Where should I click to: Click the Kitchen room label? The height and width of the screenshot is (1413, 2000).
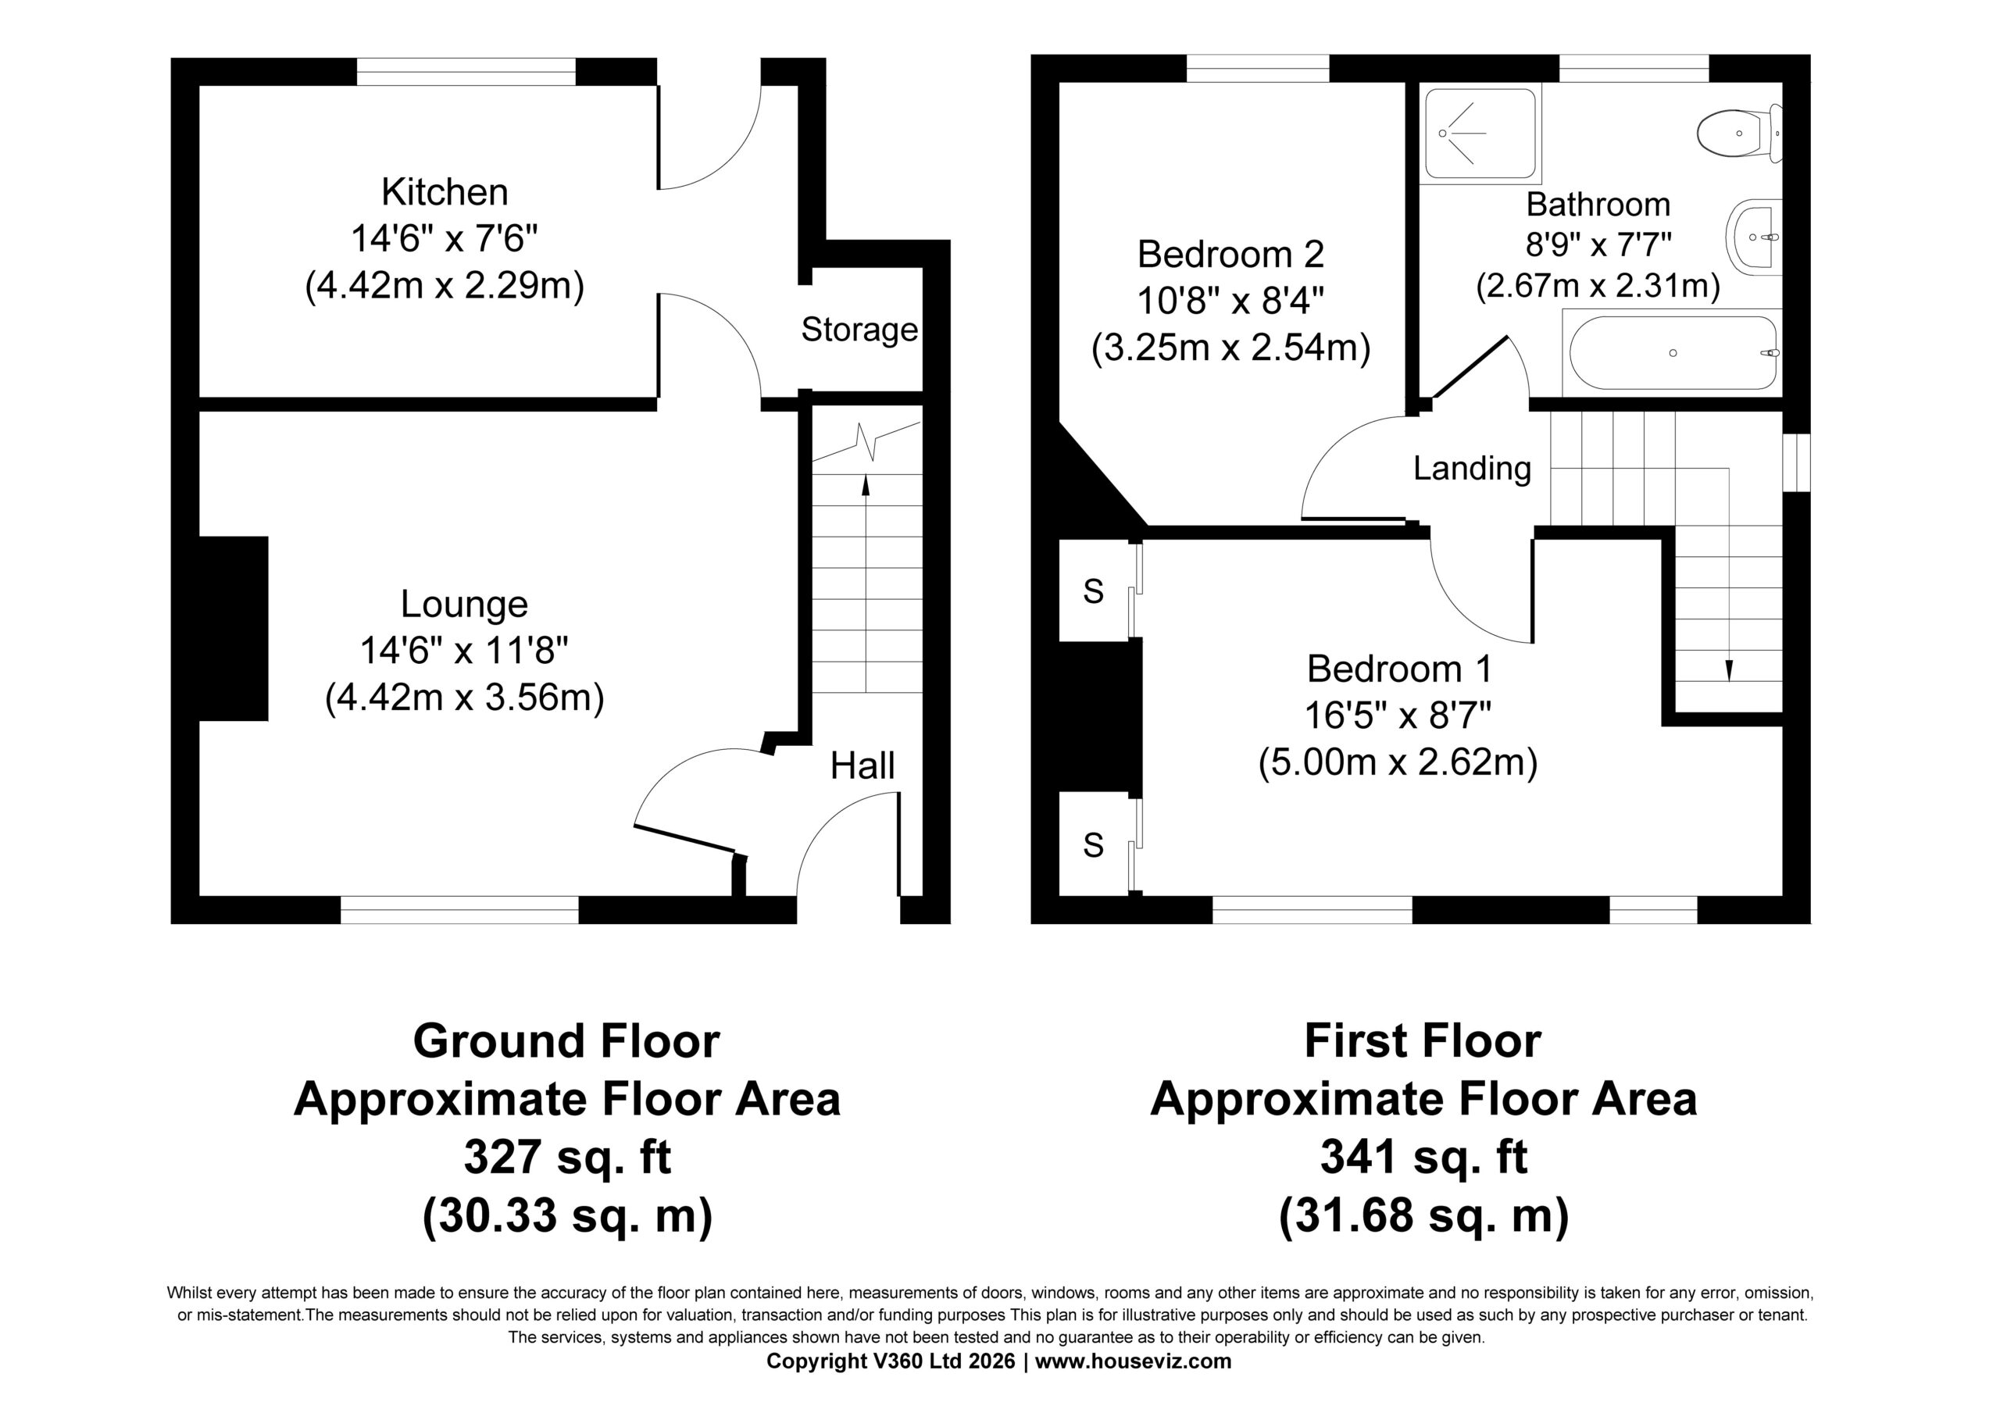pos(445,191)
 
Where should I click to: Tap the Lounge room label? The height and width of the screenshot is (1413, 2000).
pos(464,604)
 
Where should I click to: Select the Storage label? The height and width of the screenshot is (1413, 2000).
pos(859,330)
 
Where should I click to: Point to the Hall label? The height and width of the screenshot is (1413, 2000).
pos(862,765)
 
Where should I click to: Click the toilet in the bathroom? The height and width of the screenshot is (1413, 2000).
pos(1740,134)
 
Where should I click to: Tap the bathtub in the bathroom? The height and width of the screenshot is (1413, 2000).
pos(1673,353)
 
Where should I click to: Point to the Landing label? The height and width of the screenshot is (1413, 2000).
pos(1472,469)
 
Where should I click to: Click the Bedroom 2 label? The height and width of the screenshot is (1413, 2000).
pos(1230,255)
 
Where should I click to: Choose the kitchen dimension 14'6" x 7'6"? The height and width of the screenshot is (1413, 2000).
pos(445,237)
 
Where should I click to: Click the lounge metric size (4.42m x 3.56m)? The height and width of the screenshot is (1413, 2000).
pos(464,698)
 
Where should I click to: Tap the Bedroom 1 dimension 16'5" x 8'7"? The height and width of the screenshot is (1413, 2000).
pos(1398,716)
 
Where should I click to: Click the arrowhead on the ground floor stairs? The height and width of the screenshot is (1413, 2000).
pos(865,484)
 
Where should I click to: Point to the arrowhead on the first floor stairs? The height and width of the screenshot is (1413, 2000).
pos(1729,669)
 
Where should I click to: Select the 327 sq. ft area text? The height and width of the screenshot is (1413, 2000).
pos(567,1157)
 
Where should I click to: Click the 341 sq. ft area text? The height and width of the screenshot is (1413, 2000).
pos(1424,1157)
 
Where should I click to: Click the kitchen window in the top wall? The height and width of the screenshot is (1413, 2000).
pos(466,71)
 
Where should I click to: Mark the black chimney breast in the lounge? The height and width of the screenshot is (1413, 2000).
pos(234,628)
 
